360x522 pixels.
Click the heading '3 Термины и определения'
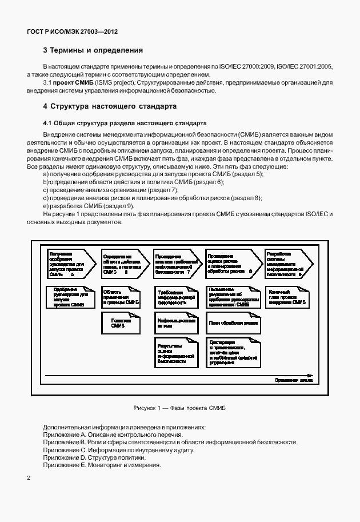coord(93,50)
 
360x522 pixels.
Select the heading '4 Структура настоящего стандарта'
coord(110,106)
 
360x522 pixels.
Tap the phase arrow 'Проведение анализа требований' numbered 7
coord(175,264)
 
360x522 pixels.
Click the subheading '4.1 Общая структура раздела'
coord(121,123)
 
